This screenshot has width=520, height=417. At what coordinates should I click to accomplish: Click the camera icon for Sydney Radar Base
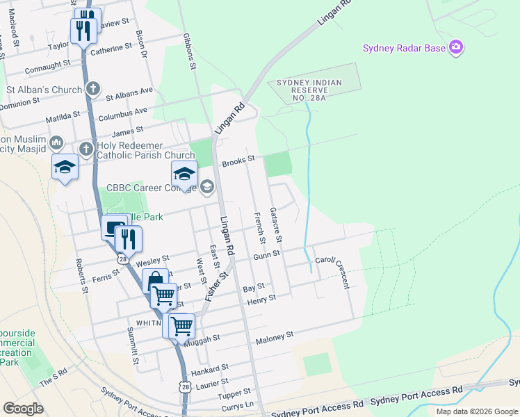pyautogui.click(x=457, y=47)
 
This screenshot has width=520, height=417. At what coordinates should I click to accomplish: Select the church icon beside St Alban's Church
pyautogui.click(x=92, y=89)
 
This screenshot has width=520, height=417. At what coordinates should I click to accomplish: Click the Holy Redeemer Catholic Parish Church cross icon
pyautogui.click(x=86, y=149)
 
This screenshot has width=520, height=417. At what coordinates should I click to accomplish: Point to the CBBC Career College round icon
pyautogui.click(x=207, y=187)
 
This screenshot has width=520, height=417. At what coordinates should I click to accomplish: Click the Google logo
pyautogui.click(x=24, y=409)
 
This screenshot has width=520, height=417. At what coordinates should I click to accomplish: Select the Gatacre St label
pyautogui.click(x=276, y=224)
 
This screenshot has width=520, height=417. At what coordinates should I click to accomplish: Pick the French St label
pyautogui.click(x=261, y=228)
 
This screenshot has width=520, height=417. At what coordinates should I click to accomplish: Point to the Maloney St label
pyautogui.click(x=275, y=336)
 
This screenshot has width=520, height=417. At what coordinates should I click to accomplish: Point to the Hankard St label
pyautogui.click(x=211, y=368)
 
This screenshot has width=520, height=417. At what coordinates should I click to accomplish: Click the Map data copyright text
pyautogui.click(x=476, y=411)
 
